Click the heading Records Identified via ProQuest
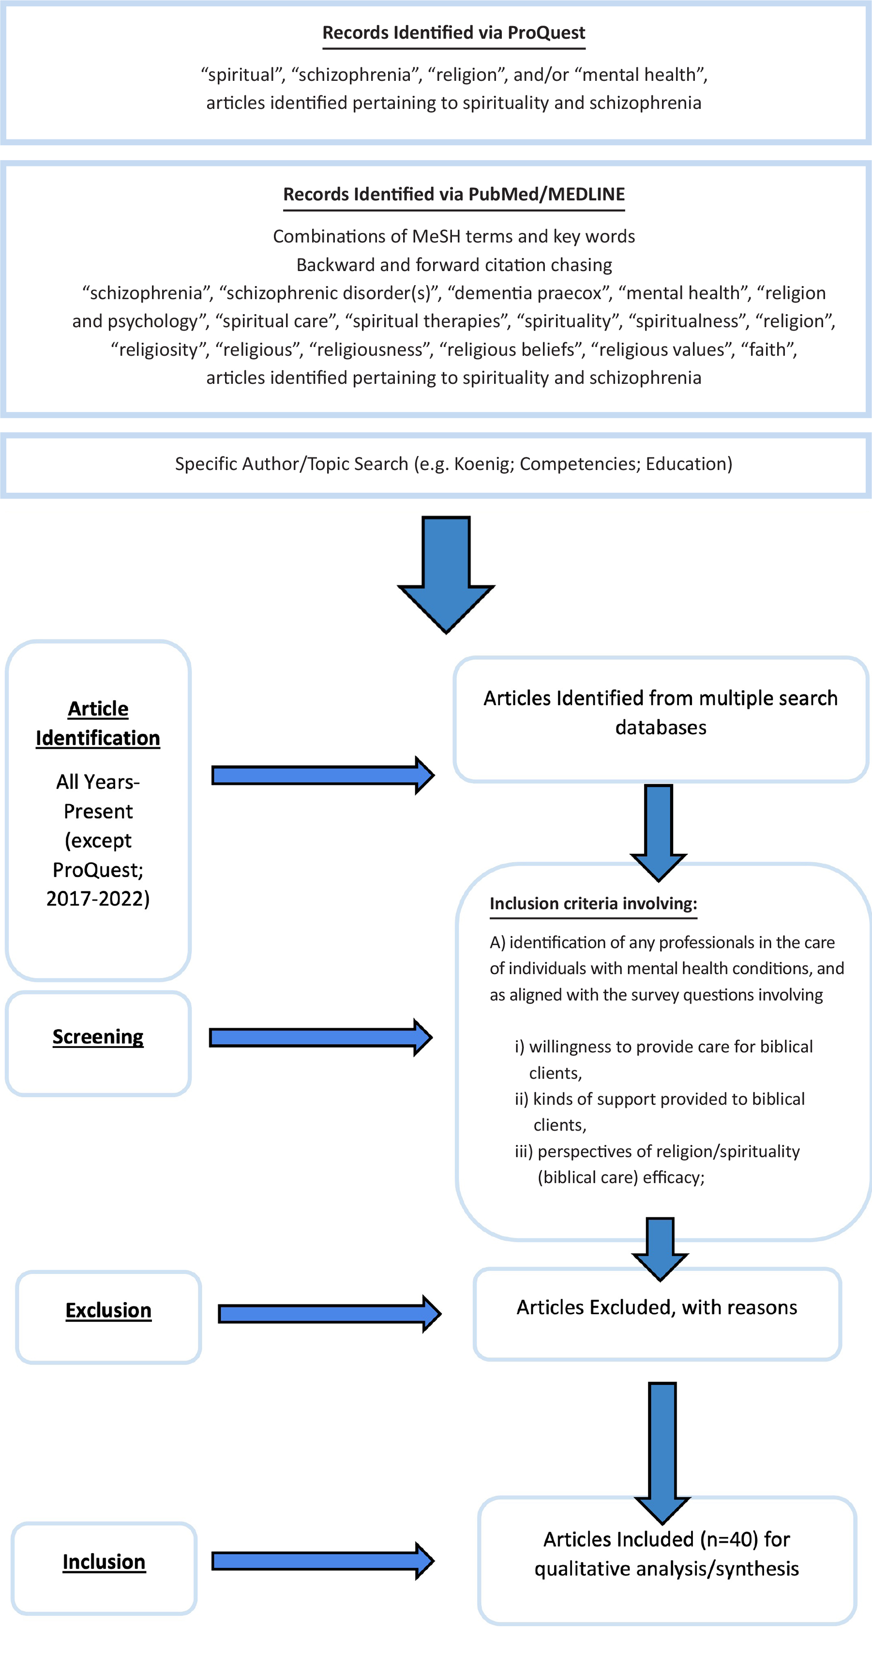(x=453, y=33)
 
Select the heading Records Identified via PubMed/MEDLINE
(x=453, y=195)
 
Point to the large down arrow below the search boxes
(x=446, y=575)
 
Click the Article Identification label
(x=98, y=723)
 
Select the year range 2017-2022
(x=98, y=898)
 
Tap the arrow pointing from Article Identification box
(x=323, y=775)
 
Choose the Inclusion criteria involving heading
(x=593, y=904)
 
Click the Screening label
(x=98, y=1037)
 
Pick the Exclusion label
(x=108, y=1310)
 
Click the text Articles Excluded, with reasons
(x=657, y=1307)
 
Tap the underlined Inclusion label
(x=104, y=1562)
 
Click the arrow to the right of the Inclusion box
(x=323, y=1561)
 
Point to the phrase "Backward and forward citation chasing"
(x=453, y=265)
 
